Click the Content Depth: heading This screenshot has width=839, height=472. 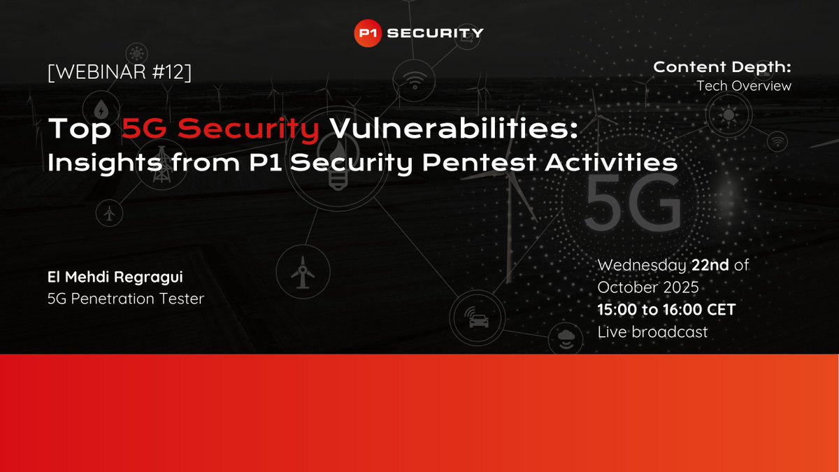tap(722, 67)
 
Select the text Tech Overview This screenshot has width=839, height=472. tap(743, 86)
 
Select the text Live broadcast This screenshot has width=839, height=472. tap(652, 332)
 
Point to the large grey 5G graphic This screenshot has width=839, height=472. tap(633, 201)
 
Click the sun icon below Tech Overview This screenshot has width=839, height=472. tap(727, 115)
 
